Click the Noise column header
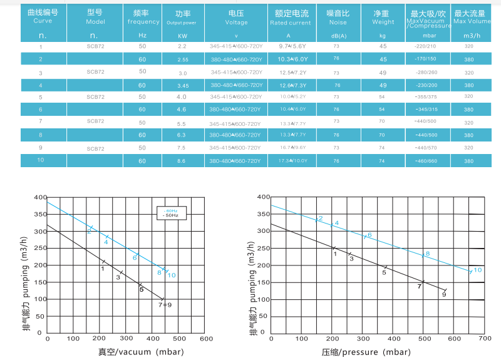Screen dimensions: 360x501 tap(336, 17)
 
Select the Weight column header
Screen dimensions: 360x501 tap(383, 17)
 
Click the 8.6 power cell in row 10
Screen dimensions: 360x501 tap(182, 161)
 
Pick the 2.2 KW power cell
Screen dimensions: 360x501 tap(182, 46)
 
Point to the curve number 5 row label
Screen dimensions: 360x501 tap(41, 97)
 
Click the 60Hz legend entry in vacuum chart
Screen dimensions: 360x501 tap(172, 210)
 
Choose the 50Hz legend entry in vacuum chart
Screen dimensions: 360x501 tap(170, 215)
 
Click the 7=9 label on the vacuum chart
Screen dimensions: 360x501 tap(165, 305)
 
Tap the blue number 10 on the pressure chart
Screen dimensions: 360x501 tap(477, 270)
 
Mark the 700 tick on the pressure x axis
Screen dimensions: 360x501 tap(483, 339)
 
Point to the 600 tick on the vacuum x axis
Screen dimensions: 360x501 tap(206, 339)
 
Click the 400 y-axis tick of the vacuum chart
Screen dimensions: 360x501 tap(39, 198)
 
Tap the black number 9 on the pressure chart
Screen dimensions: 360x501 tap(443, 294)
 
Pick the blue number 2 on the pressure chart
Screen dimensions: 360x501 tap(321, 218)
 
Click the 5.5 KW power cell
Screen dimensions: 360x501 tap(182, 123)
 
